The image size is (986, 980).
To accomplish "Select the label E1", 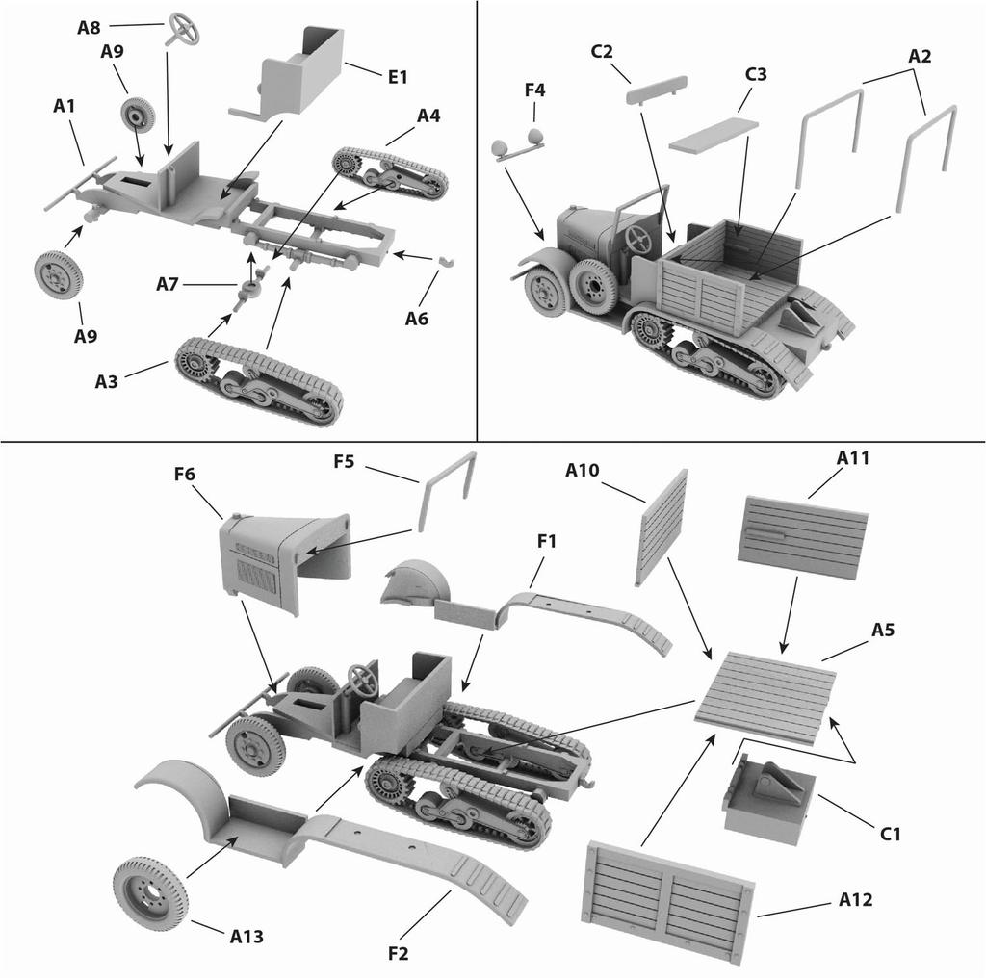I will [398, 76].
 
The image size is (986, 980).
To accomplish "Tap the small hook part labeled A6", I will [447, 262].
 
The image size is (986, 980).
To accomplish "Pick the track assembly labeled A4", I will [390, 173].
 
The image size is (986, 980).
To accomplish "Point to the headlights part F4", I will [519, 146].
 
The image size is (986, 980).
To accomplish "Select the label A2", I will [920, 57].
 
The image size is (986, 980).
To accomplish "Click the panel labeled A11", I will [802, 537].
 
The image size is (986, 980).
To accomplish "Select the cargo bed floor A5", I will [765, 696].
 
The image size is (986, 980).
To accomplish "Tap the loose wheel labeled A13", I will [150, 892].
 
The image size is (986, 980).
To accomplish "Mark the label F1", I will [547, 542].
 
